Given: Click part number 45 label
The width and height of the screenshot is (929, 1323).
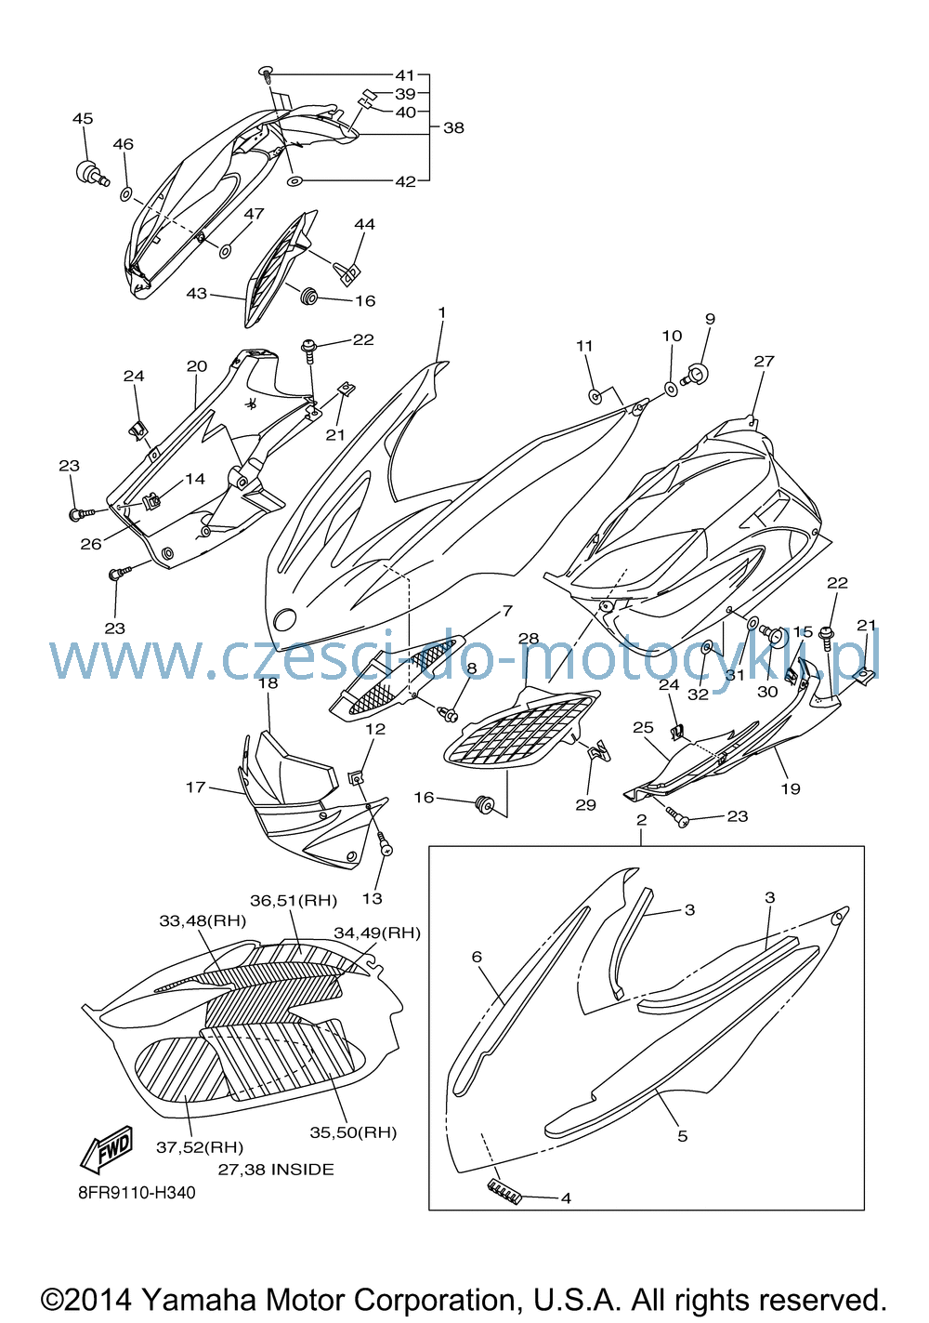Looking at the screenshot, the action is pyautogui.click(x=83, y=119).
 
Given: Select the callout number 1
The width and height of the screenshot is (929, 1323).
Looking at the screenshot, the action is pyautogui.click(x=442, y=311).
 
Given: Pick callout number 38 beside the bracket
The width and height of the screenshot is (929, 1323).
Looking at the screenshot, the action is pyautogui.click(x=453, y=127).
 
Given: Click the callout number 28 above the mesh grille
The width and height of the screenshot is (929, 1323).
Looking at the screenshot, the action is pyautogui.click(x=529, y=638).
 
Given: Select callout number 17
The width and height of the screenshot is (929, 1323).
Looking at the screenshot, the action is pyautogui.click(x=195, y=787).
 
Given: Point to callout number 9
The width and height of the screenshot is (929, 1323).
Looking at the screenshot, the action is pyautogui.click(x=710, y=319).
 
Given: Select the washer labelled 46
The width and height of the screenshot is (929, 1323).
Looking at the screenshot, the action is pyautogui.click(x=125, y=193).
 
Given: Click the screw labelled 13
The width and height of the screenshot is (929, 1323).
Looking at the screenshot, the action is pyautogui.click(x=385, y=845).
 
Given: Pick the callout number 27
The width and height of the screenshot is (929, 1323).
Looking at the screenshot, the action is pyautogui.click(x=764, y=361).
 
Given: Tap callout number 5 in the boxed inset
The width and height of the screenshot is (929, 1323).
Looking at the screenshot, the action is pyautogui.click(x=682, y=1136).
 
